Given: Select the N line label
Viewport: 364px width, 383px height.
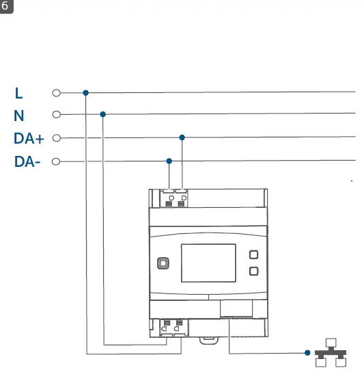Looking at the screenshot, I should [x=18, y=116].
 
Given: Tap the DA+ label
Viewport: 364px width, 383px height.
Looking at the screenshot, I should [x=29, y=139].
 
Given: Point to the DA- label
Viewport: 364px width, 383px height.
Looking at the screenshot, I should [x=27, y=162].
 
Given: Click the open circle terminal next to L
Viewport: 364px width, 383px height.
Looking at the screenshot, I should [x=57, y=92].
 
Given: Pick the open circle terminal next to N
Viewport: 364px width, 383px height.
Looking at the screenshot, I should [x=57, y=114].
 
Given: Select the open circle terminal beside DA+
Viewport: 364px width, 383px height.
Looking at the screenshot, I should [x=57, y=137].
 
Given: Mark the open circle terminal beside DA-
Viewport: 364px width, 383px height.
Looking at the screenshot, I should [x=57, y=161].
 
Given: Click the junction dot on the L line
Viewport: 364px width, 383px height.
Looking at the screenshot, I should [x=85, y=92].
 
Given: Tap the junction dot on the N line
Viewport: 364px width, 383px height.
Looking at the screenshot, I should [x=103, y=114].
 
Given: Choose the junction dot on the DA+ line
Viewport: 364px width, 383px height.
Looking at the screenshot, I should [x=182, y=137].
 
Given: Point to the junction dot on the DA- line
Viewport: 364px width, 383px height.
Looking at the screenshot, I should [x=169, y=161].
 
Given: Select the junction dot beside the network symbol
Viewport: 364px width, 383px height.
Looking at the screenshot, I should [x=307, y=353].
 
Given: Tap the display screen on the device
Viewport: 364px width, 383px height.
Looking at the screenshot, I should [x=208, y=263].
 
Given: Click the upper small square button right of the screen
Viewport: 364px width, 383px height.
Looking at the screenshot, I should [x=254, y=254].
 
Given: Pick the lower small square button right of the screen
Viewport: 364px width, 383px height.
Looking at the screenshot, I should [x=254, y=272].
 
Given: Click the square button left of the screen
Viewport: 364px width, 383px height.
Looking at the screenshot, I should [x=163, y=263].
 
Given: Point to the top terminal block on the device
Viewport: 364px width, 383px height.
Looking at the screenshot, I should [x=175, y=198].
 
